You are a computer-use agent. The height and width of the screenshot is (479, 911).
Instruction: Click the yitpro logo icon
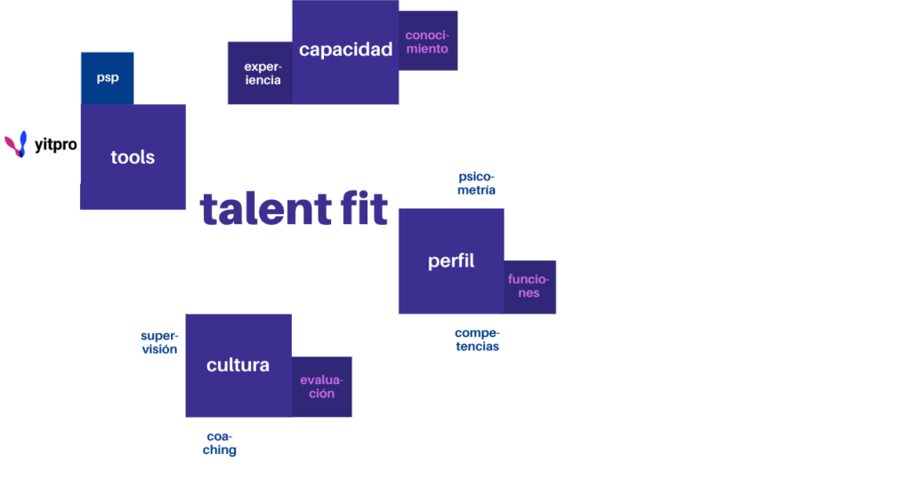pyautogui.click(x=16, y=145)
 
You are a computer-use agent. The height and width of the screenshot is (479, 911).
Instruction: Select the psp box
pyautogui.click(x=108, y=77)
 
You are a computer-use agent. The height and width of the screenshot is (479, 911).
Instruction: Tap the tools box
pyautogui.click(x=133, y=157)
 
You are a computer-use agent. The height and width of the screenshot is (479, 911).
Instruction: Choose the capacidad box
pyautogui.click(x=345, y=51)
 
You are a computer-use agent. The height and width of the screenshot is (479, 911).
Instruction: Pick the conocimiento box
pyautogui.click(x=428, y=41)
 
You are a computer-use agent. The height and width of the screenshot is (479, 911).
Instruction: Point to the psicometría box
pyautogui.click(x=476, y=183)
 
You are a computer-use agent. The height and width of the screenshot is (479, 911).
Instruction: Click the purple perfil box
pyautogui.click(x=451, y=261)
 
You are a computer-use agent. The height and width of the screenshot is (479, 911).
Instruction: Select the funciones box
pyautogui.click(x=529, y=286)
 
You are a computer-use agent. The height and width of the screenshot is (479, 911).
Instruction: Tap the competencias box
pyautogui.click(x=476, y=340)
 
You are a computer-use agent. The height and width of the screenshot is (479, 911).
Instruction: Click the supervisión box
pyautogui.click(x=158, y=342)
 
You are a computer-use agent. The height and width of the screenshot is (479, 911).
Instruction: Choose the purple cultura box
pyautogui.click(x=238, y=365)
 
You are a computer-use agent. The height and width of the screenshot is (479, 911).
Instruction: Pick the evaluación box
pyautogui.click(x=321, y=387)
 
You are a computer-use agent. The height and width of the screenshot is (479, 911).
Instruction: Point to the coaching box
pyautogui.click(x=220, y=443)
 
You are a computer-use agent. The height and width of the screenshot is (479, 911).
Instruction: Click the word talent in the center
pyautogui.click(x=255, y=209)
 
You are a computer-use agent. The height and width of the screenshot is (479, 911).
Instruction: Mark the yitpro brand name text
pyautogui.click(x=55, y=145)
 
